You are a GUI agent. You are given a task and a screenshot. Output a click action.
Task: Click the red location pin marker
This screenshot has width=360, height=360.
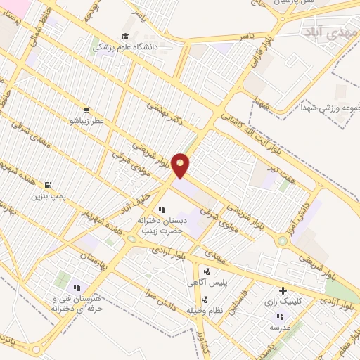(x=181, y=165)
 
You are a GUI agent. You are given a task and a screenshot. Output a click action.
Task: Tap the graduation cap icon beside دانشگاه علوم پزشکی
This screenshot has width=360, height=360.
(x=125, y=37)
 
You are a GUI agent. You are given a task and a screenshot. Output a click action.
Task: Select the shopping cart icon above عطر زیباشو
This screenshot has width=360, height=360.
(x=86, y=110)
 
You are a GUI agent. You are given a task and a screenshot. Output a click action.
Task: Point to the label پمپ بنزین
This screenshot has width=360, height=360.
(x=48, y=195)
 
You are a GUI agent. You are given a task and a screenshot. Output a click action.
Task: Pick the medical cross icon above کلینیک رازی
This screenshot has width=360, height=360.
(x=283, y=290)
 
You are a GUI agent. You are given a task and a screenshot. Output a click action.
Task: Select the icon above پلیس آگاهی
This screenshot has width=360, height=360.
(x=207, y=271)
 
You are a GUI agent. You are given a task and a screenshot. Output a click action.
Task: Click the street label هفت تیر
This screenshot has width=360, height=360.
(x=265, y=168)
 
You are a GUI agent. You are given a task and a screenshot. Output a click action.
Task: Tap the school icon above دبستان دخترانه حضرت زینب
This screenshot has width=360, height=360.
(x=162, y=209)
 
